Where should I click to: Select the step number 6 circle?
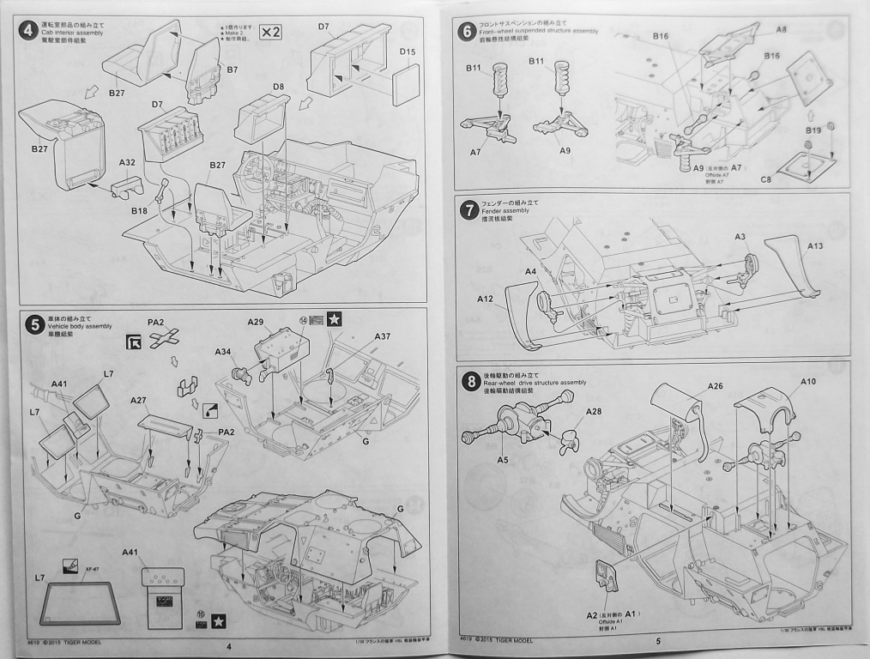pos(468,32)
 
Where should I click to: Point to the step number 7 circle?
pos(468,210)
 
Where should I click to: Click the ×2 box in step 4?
pos(271,33)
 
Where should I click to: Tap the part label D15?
pos(408,52)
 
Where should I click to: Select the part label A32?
pos(127,162)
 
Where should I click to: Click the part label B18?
pos(140,210)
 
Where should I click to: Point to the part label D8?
pos(278,87)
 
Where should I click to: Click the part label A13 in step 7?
pos(815,247)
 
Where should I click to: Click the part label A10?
pos(808,382)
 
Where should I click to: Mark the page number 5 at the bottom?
pos(657,640)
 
